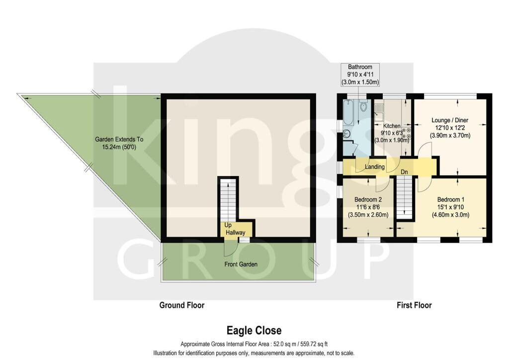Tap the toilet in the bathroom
[x=363, y=105]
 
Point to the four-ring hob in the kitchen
[x=406, y=133]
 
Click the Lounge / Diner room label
[x=449, y=120]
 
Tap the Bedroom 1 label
[x=450, y=199]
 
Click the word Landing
[x=375, y=167]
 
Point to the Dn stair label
[x=404, y=172]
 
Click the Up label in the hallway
[x=228, y=225]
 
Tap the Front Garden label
[x=241, y=264]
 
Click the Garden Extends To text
[x=119, y=139]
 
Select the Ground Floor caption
[x=182, y=305]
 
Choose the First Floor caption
[x=414, y=305]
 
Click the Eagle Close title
[x=254, y=331]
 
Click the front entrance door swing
[x=229, y=250]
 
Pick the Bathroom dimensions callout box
[x=360, y=75]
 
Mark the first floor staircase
[x=404, y=198]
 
